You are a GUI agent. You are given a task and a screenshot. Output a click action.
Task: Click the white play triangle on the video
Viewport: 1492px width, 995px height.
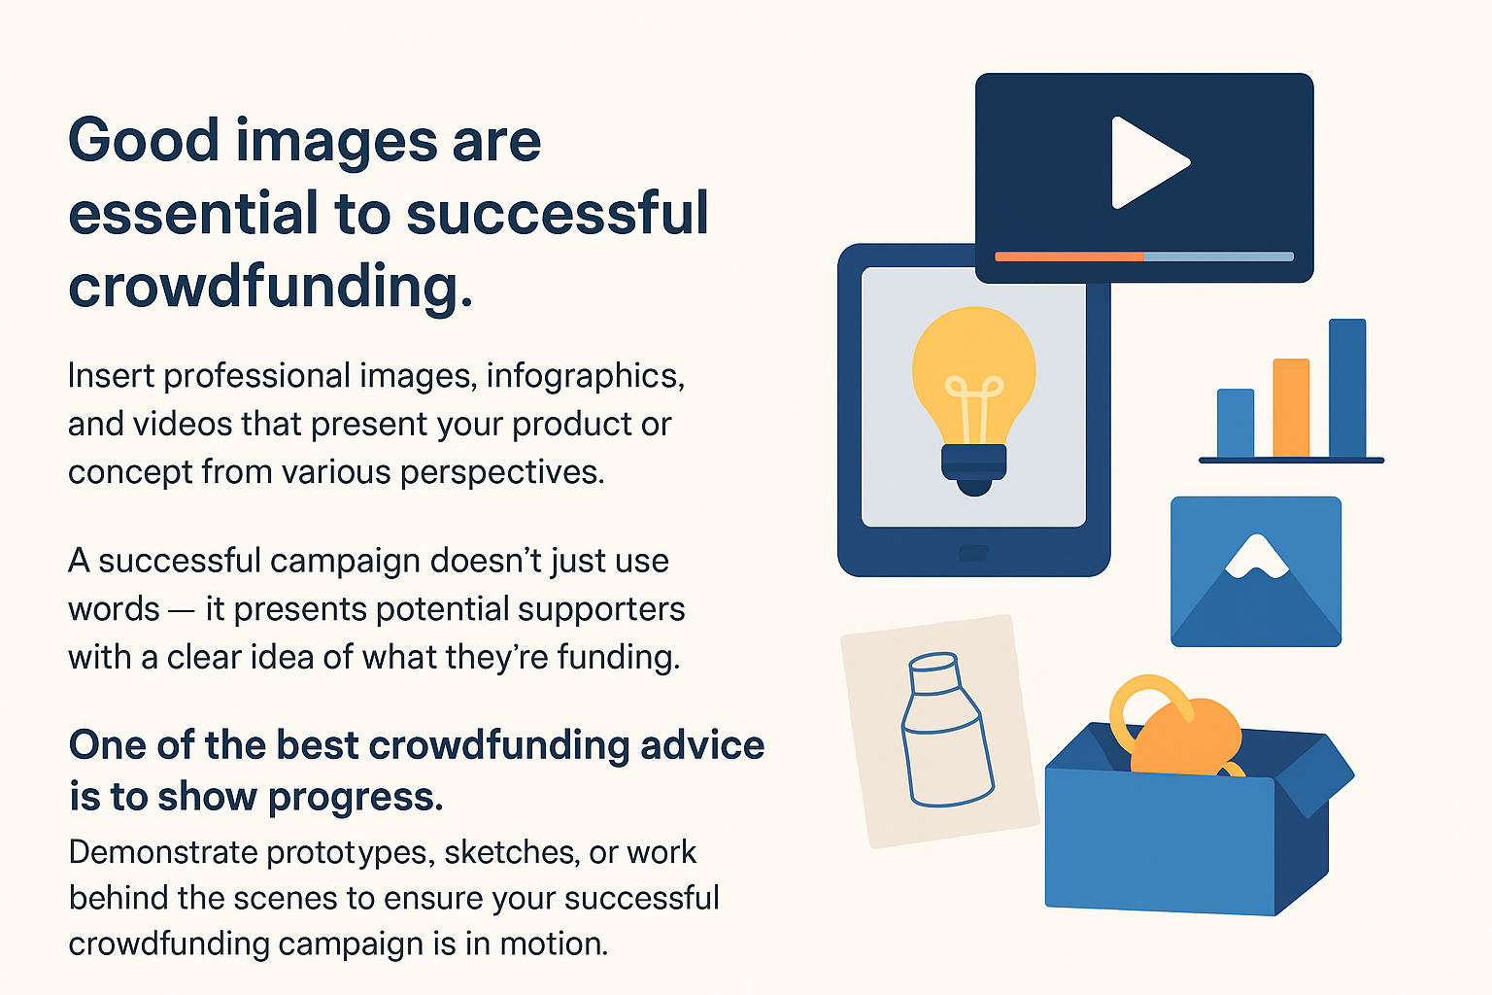pyautogui.click(x=1144, y=162)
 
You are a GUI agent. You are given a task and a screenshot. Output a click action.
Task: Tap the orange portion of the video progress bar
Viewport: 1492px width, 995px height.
pyautogui.click(x=1069, y=257)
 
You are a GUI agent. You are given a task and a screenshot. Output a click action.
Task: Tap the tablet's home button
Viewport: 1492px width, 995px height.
pyautogui.click(x=973, y=553)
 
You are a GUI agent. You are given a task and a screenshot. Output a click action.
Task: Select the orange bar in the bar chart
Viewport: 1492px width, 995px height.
pyautogui.click(x=1292, y=408)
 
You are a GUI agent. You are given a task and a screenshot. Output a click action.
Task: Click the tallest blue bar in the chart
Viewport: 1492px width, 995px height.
pyautogui.click(x=1347, y=388)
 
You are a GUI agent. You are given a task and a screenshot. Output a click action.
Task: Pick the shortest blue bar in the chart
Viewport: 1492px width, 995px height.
pyautogui.click(x=1236, y=424)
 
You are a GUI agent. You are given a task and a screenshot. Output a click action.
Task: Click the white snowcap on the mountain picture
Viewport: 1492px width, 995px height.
pyautogui.click(x=1256, y=557)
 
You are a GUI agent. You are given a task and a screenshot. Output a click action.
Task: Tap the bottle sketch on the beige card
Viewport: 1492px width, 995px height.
pyautogui.click(x=946, y=731)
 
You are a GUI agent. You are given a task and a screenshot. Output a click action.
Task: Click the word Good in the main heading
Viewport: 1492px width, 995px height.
pyautogui.click(x=144, y=140)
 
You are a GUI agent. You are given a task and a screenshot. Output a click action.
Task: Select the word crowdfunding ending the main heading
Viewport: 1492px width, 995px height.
pyautogui.click(x=270, y=286)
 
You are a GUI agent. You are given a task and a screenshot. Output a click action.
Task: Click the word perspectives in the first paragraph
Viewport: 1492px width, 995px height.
pyautogui.click(x=503, y=473)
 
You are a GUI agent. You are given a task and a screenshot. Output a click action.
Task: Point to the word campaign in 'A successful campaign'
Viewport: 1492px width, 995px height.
pyautogui.click(x=343, y=562)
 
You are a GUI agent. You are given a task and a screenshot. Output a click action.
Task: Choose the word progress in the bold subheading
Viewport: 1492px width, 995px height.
pyautogui.click(x=356, y=798)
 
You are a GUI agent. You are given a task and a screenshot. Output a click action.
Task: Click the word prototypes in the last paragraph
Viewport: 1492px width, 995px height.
pyautogui.click(x=351, y=854)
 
